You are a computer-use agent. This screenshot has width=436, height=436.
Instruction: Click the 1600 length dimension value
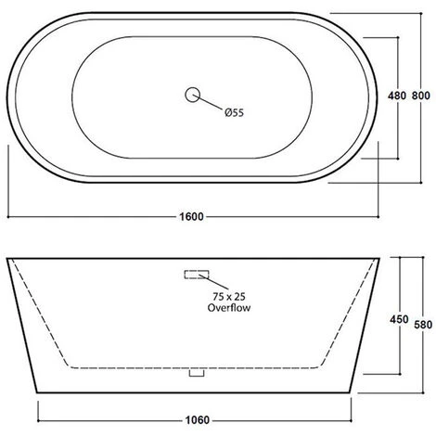click(191, 217)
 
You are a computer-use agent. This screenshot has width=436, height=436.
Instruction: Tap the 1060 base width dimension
click(198, 420)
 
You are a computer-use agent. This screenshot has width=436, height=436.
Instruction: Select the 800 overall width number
click(420, 96)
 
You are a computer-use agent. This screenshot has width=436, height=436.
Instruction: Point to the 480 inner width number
click(397, 96)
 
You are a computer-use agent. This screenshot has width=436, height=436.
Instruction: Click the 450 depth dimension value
click(399, 319)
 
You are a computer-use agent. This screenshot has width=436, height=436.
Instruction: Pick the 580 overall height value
click(423, 325)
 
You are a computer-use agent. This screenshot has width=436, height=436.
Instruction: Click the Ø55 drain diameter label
click(234, 112)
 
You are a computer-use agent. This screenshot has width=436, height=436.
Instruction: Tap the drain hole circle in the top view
click(193, 95)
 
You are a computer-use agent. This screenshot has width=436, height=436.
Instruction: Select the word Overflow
click(229, 308)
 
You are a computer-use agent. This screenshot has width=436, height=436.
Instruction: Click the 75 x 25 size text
click(229, 297)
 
